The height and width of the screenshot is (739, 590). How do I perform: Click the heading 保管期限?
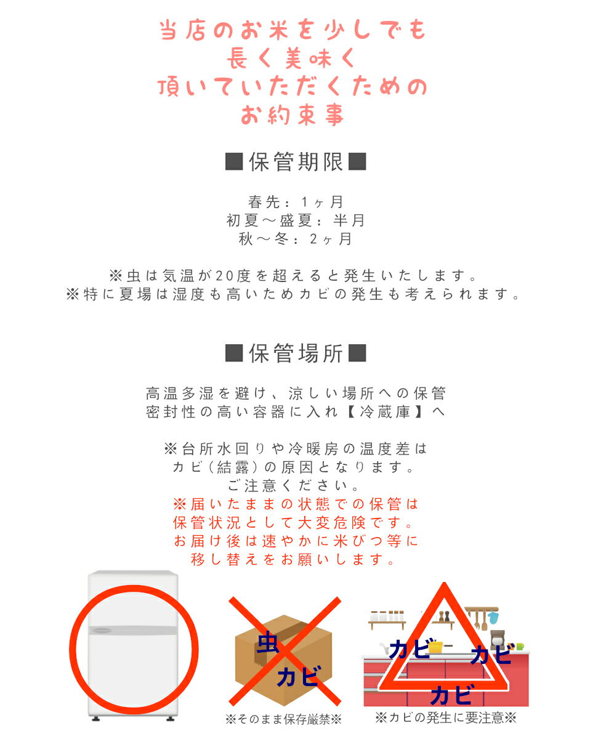click(x=296, y=161)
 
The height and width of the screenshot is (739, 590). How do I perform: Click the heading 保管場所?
click(x=296, y=353)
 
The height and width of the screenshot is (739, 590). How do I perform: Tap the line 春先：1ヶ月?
click(x=296, y=201)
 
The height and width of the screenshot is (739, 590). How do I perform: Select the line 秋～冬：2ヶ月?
click(x=296, y=238)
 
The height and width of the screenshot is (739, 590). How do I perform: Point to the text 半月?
click(x=349, y=220)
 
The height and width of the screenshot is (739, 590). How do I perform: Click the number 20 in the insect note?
click(x=224, y=275)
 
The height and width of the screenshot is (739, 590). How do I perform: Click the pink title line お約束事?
click(x=293, y=115)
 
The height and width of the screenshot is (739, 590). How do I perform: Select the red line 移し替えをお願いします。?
click(x=293, y=559)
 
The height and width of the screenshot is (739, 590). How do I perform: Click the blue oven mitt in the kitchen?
click(x=493, y=618)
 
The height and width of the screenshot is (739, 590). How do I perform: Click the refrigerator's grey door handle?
click(x=100, y=631)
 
